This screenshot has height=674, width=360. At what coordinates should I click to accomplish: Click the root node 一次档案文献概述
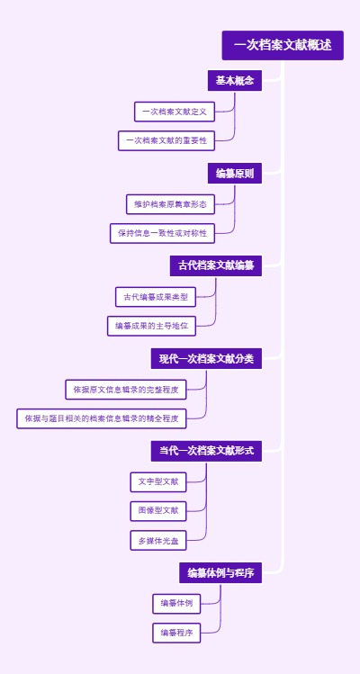[x=283, y=45]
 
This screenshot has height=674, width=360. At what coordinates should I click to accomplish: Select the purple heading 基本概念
[x=234, y=81]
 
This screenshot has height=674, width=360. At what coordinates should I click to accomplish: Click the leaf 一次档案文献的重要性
[x=166, y=140]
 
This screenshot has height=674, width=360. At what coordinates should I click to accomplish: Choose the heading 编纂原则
[x=234, y=173]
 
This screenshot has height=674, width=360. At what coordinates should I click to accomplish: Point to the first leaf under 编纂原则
[x=170, y=204]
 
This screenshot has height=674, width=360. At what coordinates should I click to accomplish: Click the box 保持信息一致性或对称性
[x=162, y=233]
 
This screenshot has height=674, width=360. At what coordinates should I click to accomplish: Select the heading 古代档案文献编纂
[x=215, y=265]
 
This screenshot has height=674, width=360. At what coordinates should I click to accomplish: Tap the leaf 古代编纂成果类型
[x=156, y=297]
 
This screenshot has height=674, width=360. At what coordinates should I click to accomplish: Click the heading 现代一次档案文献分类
[x=206, y=359]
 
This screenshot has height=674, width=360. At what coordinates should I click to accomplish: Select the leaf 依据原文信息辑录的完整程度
[x=126, y=390]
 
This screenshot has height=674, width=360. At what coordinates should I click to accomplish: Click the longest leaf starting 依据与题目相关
[x=102, y=418]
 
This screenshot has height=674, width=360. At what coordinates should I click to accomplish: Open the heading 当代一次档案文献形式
[x=206, y=451]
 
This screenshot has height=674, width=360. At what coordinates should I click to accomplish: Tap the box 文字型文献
[x=157, y=482]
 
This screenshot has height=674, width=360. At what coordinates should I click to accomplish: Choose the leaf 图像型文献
[x=157, y=511]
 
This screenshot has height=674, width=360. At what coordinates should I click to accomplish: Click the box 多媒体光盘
[x=157, y=541]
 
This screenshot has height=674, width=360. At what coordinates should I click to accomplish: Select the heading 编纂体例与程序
[x=220, y=573]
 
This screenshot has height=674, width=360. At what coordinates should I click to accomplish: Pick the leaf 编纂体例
[x=176, y=603]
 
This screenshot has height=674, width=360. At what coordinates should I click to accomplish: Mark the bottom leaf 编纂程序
[x=176, y=633]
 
